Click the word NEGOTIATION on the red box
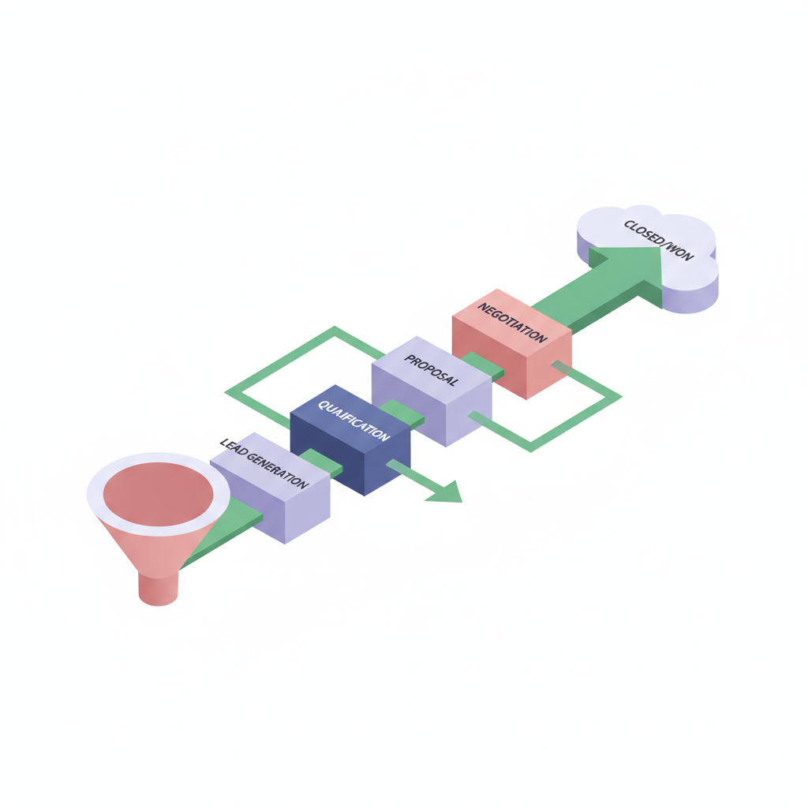[511, 323]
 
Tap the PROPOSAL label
[431, 370]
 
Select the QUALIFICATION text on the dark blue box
[353, 421]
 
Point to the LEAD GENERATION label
[264, 463]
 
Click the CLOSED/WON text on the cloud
[659, 240]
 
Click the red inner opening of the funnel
[158, 494]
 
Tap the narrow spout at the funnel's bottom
[158, 587]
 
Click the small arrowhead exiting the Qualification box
[447, 492]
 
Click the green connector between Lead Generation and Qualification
[320, 462]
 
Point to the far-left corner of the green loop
[226, 393]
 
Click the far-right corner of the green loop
[620, 397]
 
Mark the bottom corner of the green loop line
[531, 449]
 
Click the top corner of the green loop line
[335, 327]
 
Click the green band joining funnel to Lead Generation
[222, 531]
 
